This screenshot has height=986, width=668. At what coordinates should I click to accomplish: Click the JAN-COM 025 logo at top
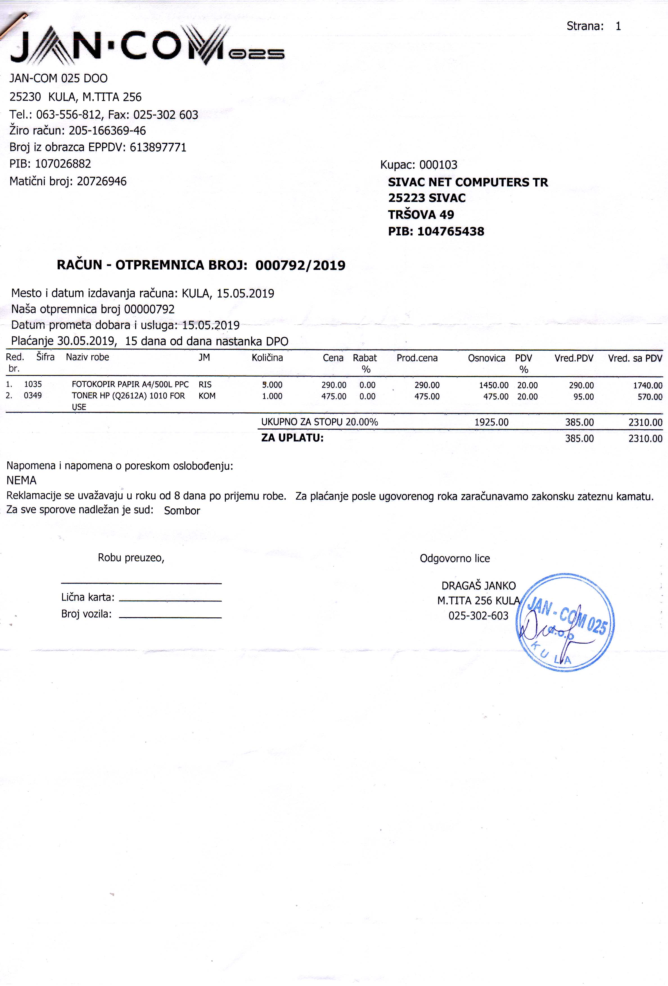[x=146, y=46]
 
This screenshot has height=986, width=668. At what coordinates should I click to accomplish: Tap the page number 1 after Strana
[x=618, y=26]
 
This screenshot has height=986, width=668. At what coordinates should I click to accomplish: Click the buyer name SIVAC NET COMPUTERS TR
[x=468, y=182]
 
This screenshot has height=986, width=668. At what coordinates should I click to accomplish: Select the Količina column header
[x=267, y=358]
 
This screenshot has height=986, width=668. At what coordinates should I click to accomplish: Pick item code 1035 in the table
[x=33, y=384]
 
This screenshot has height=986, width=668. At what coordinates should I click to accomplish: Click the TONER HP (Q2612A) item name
[x=128, y=396]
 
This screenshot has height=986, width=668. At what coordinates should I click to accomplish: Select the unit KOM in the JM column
[x=207, y=396]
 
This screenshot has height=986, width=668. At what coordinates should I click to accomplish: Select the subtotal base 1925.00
[x=491, y=422]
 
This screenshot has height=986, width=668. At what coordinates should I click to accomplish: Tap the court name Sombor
[x=182, y=510]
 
